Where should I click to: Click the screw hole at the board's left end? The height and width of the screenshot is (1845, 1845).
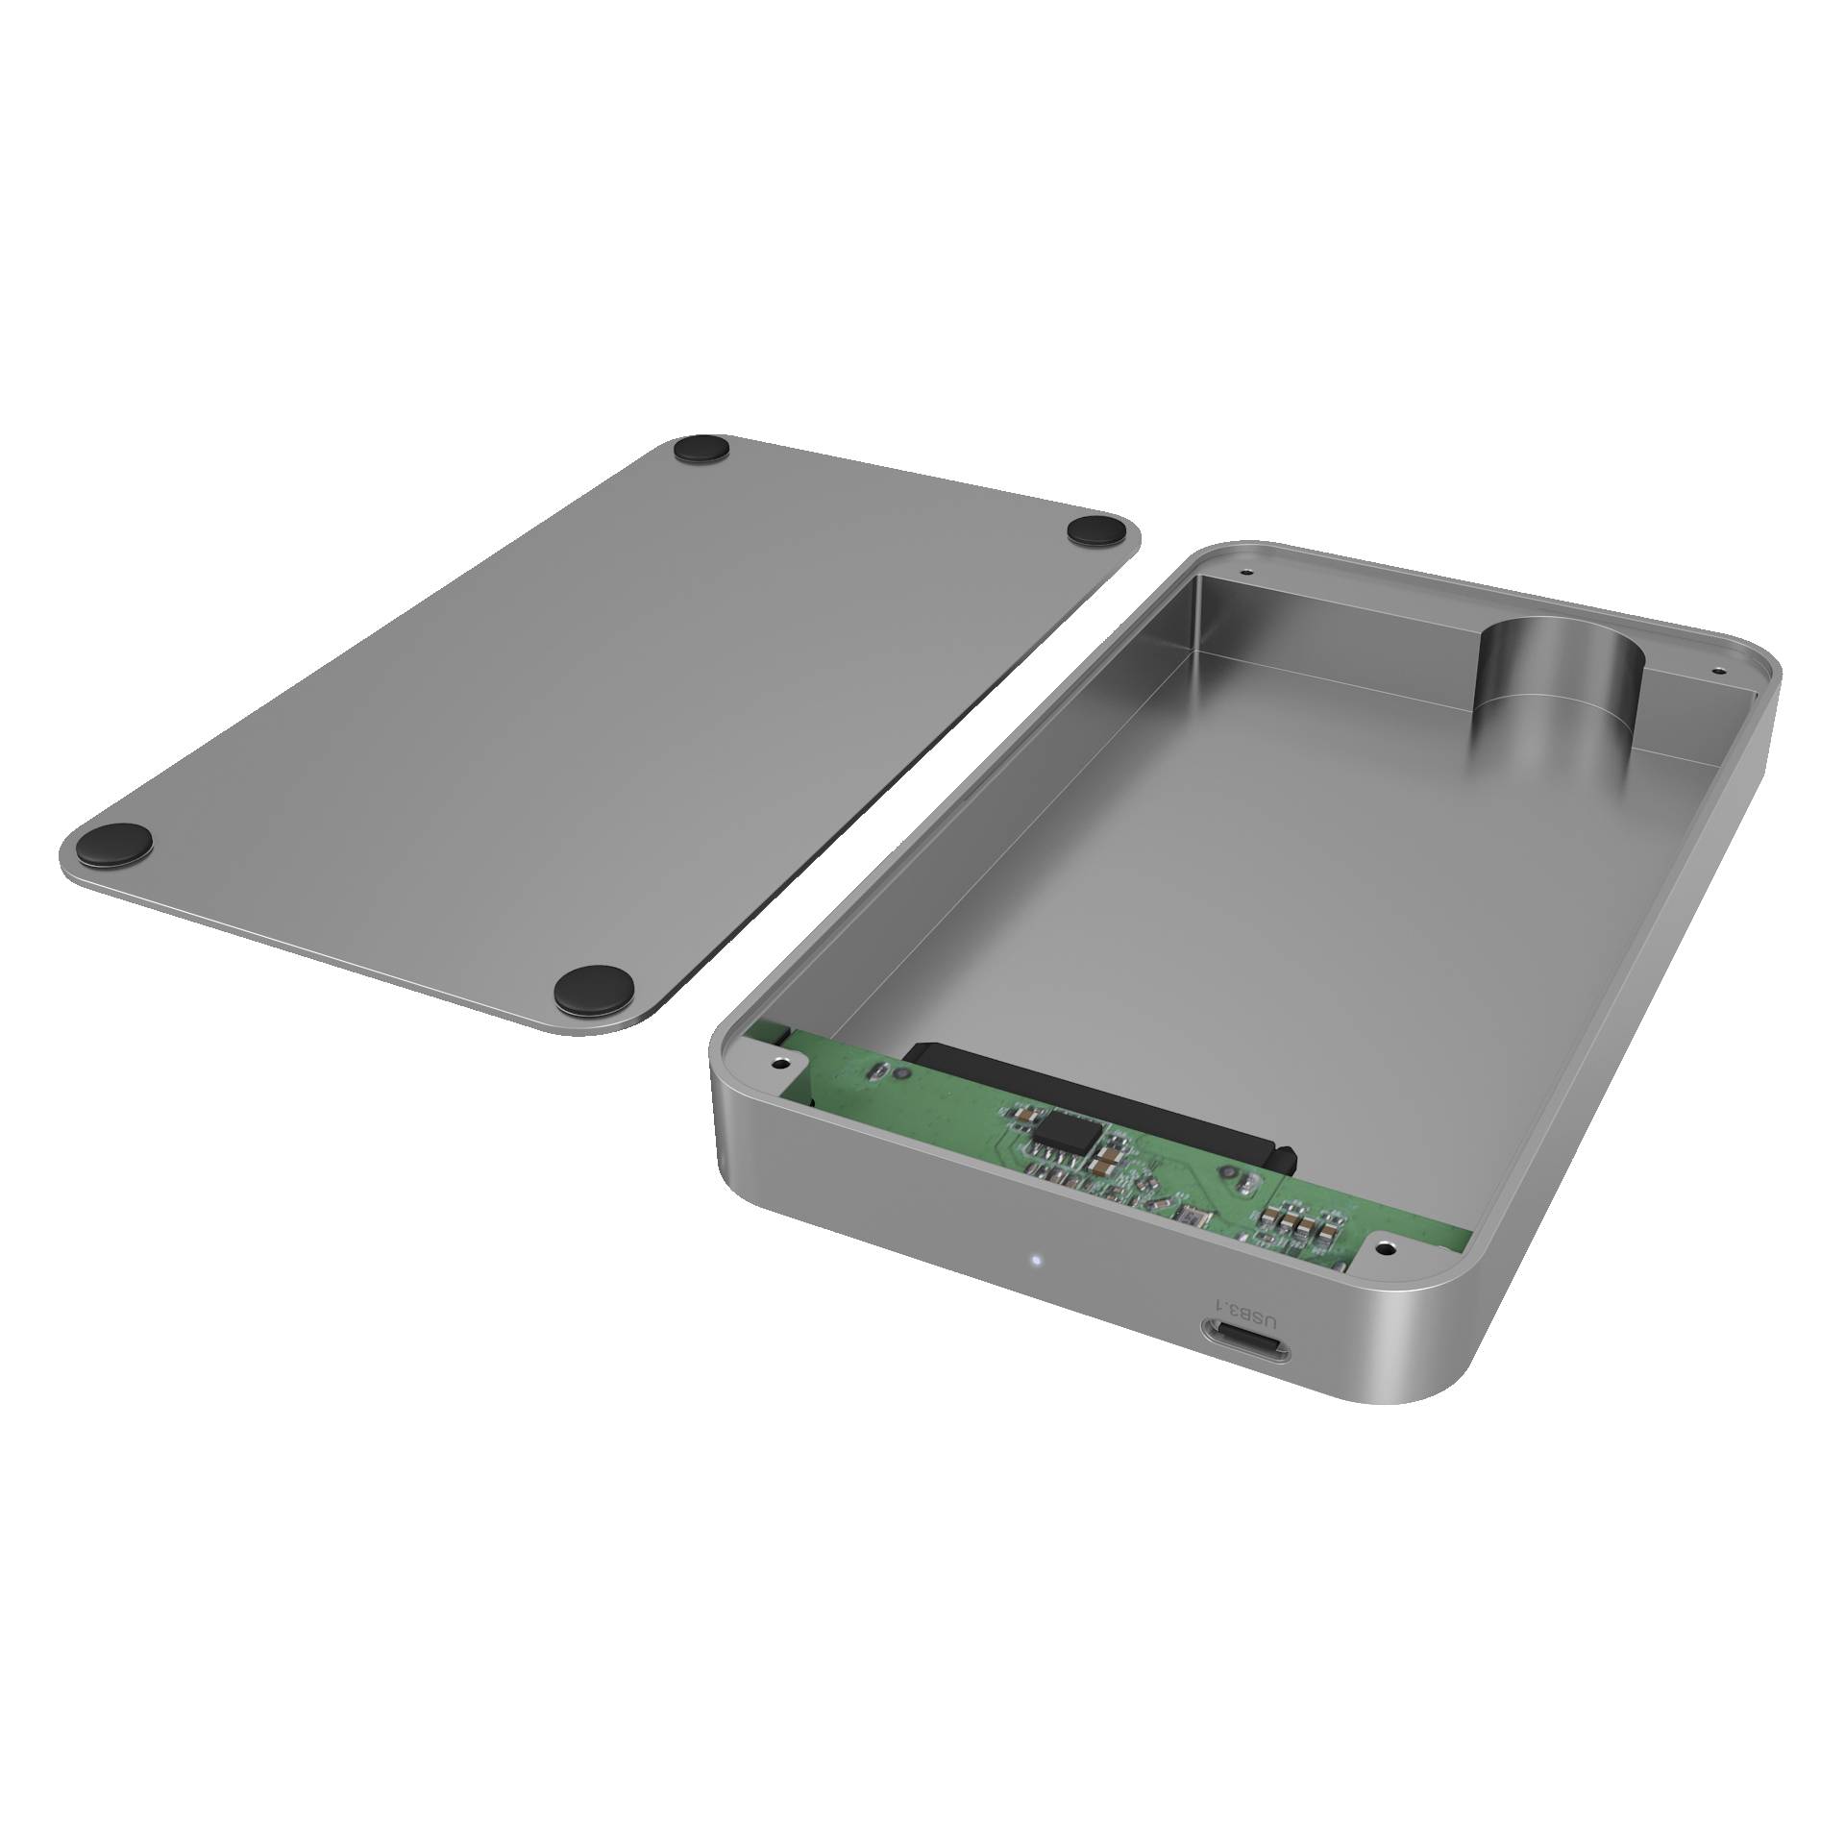(780, 1064)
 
